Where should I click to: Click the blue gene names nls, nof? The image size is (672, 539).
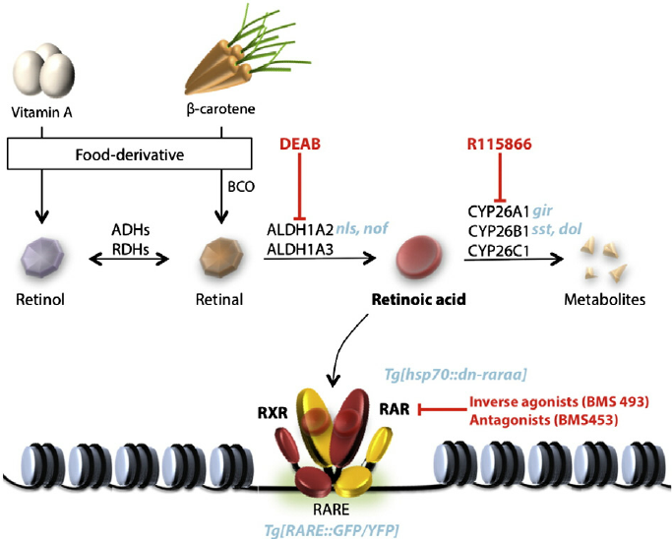364,228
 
